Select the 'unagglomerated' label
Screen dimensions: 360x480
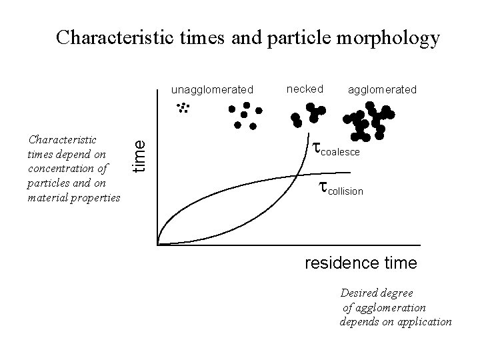coord(212,89)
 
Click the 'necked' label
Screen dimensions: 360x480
coord(305,89)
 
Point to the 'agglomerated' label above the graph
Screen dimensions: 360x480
coord(383,89)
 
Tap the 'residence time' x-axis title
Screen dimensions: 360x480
coord(361,263)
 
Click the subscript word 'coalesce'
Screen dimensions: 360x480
coord(341,153)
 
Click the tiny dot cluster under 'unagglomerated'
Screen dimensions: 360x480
coord(181,109)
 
